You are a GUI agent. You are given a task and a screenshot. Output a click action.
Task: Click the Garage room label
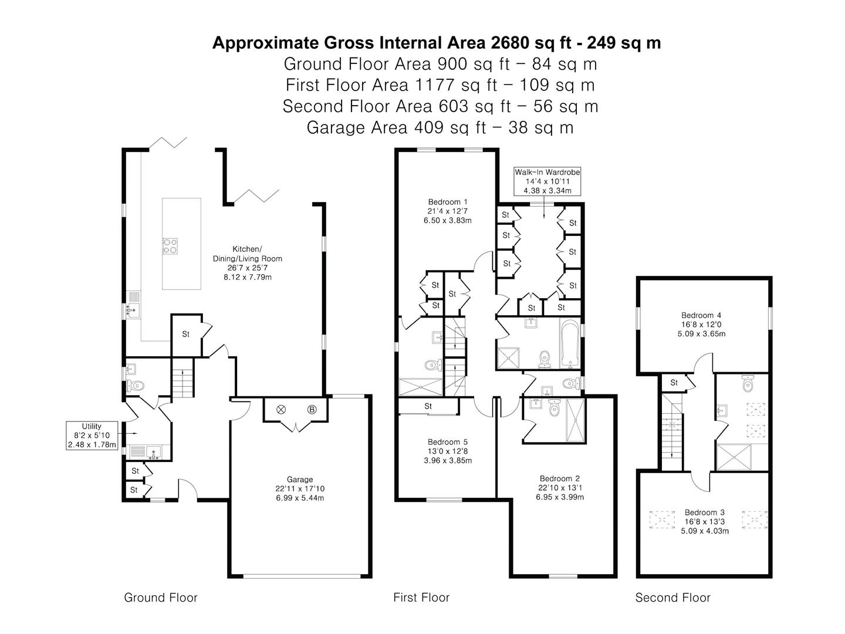pyautogui.click(x=299, y=488)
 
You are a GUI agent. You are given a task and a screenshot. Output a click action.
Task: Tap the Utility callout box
pyautogui.click(x=92, y=436)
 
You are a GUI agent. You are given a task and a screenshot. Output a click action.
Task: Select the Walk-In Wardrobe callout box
pyautogui.click(x=547, y=181)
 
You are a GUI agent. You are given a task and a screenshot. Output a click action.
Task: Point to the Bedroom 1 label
pyautogui.click(x=447, y=211)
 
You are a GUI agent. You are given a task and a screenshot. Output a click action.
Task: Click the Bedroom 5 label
pyautogui.click(x=447, y=451)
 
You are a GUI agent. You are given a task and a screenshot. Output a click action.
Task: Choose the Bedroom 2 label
pyautogui.click(x=559, y=488)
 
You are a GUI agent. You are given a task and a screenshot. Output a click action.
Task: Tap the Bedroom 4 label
pyautogui.click(x=701, y=325)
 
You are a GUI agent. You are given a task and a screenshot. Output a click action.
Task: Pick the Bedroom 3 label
pyautogui.click(x=705, y=522)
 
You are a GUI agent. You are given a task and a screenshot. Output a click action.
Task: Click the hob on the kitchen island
pyautogui.click(x=170, y=246)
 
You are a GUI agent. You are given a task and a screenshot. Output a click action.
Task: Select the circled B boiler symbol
pyautogui.click(x=312, y=410)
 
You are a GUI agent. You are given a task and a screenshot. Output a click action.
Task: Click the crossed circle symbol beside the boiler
pyautogui.click(x=281, y=410)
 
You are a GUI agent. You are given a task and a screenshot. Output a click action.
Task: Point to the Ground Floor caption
pyautogui.click(x=161, y=597)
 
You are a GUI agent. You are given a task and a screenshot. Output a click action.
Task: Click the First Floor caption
pyautogui.click(x=421, y=597)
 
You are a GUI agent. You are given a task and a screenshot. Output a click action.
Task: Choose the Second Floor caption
pyautogui.click(x=672, y=597)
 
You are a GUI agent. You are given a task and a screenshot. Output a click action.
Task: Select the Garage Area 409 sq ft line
pyautogui.click(x=440, y=127)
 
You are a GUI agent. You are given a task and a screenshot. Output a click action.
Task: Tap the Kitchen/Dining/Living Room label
pyautogui.click(x=247, y=263)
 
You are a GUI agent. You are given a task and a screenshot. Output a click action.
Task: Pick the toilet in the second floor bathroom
pyautogui.click(x=747, y=383)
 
